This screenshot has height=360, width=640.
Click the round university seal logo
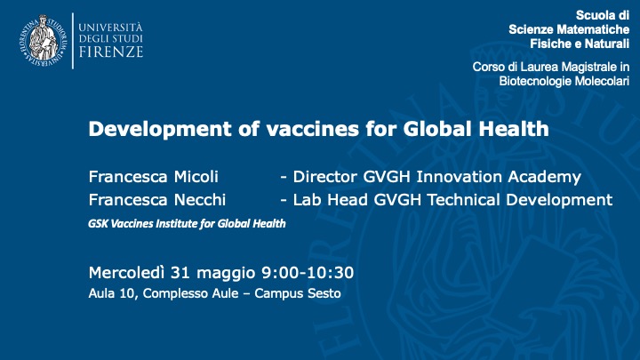pos(43,40)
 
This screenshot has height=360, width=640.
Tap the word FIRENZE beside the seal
pos(110,52)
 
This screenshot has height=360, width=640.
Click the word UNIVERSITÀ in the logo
pos(110,28)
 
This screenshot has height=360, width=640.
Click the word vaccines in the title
pos(313,129)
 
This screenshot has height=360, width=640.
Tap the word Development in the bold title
pos(160,130)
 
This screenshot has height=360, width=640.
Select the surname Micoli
pos(196,177)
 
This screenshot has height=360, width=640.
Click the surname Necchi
pos(200,200)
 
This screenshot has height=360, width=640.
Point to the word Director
pos(325,177)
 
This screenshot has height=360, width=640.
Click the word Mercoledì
pos(126,272)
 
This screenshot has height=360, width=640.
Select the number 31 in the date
pos(180,273)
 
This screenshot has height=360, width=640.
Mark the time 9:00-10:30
pos(308,273)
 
